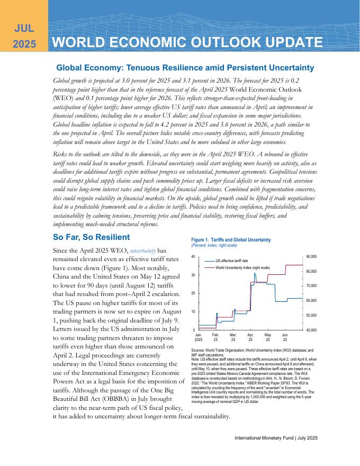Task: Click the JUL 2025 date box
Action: tap(24, 35)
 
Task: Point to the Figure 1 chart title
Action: tap(231, 240)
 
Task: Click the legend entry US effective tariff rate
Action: tap(234, 261)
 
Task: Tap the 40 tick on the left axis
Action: tap(193, 257)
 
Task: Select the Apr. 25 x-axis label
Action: tap(250, 338)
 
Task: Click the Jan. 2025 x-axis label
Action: tap(199, 338)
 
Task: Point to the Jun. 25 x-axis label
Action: tap(285, 338)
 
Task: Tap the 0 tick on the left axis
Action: tap(194, 330)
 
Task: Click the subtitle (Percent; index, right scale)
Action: tap(214, 246)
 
